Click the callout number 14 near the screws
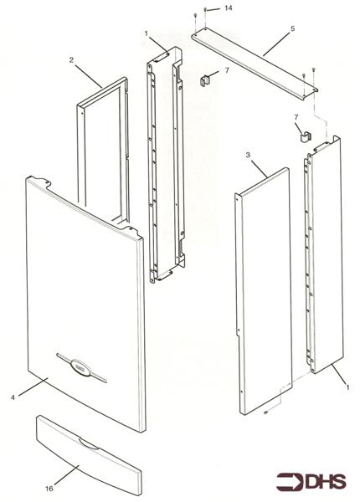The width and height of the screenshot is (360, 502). pyautogui.click(x=228, y=8)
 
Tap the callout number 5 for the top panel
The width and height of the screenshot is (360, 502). pyautogui.click(x=292, y=28)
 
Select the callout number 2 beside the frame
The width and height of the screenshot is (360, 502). pyautogui.click(x=71, y=60)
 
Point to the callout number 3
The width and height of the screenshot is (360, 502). pyautogui.click(x=248, y=155)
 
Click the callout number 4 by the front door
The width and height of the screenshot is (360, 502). pyautogui.click(x=13, y=397)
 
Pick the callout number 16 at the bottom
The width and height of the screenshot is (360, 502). pyautogui.click(x=49, y=489)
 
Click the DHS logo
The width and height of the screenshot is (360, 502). pyautogui.click(x=311, y=482)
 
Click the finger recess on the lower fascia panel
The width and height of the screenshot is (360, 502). pyautogui.click(x=89, y=444)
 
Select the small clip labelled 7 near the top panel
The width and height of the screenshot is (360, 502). pyautogui.click(x=205, y=80)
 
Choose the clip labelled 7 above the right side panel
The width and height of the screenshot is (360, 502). pyautogui.click(x=306, y=136)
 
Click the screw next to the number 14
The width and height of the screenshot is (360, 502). pyautogui.click(x=205, y=10)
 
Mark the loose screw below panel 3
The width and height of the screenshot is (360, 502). pyautogui.click(x=265, y=413)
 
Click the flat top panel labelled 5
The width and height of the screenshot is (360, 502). pyautogui.click(x=255, y=63)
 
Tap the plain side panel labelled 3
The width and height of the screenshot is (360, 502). pyautogui.click(x=263, y=290)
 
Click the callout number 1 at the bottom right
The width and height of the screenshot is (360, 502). pyautogui.click(x=347, y=387)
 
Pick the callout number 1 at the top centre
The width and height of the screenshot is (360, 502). pyautogui.click(x=146, y=33)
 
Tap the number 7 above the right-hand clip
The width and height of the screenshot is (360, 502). pyautogui.click(x=296, y=117)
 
